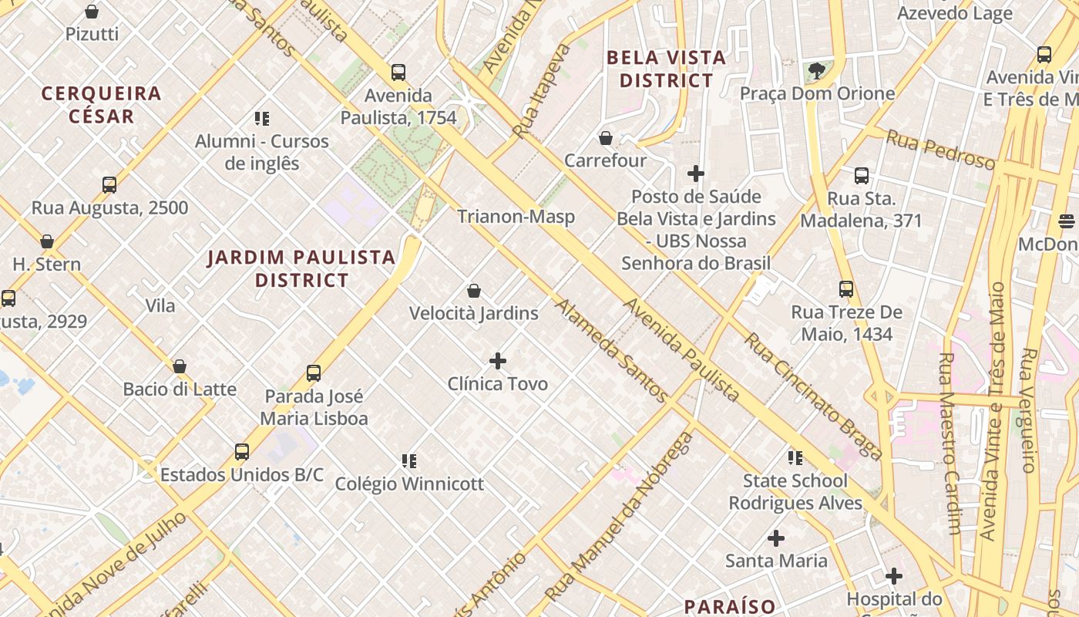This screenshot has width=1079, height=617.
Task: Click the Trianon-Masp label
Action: (516, 217)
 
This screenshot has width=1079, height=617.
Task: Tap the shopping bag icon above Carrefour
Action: (606, 139)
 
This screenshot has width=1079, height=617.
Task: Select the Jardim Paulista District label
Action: (301, 268)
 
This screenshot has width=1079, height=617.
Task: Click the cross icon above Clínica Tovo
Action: (498, 360)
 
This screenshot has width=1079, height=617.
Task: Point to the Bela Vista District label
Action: (666, 69)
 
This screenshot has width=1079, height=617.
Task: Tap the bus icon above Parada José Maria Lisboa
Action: (314, 373)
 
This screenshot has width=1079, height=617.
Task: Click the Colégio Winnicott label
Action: (409, 484)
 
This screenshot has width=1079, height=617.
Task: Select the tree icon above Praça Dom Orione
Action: (816, 72)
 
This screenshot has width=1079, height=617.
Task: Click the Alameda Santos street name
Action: (611, 351)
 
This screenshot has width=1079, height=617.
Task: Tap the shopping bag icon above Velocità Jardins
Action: (474, 291)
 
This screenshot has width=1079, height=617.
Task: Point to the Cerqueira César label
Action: (102, 105)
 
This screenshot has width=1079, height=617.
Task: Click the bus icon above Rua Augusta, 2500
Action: (109, 185)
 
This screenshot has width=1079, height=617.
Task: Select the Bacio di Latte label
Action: (180, 389)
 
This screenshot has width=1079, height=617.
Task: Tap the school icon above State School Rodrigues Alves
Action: (795, 459)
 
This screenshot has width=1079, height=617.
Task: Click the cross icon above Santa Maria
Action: (776, 538)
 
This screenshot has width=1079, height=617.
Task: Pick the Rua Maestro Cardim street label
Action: (950, 443)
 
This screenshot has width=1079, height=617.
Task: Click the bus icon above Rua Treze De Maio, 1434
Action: (846, 289)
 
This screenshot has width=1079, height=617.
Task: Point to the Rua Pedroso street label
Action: (940, 150)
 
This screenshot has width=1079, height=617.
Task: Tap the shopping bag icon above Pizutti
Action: (92, 12)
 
